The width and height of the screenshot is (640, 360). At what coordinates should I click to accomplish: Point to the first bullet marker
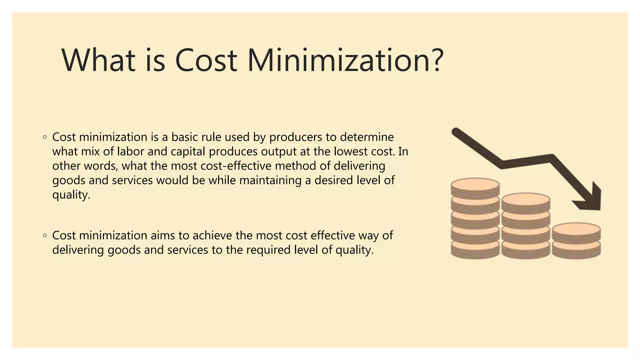point(45,137)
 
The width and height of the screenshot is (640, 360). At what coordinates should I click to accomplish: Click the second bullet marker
point(45,235)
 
